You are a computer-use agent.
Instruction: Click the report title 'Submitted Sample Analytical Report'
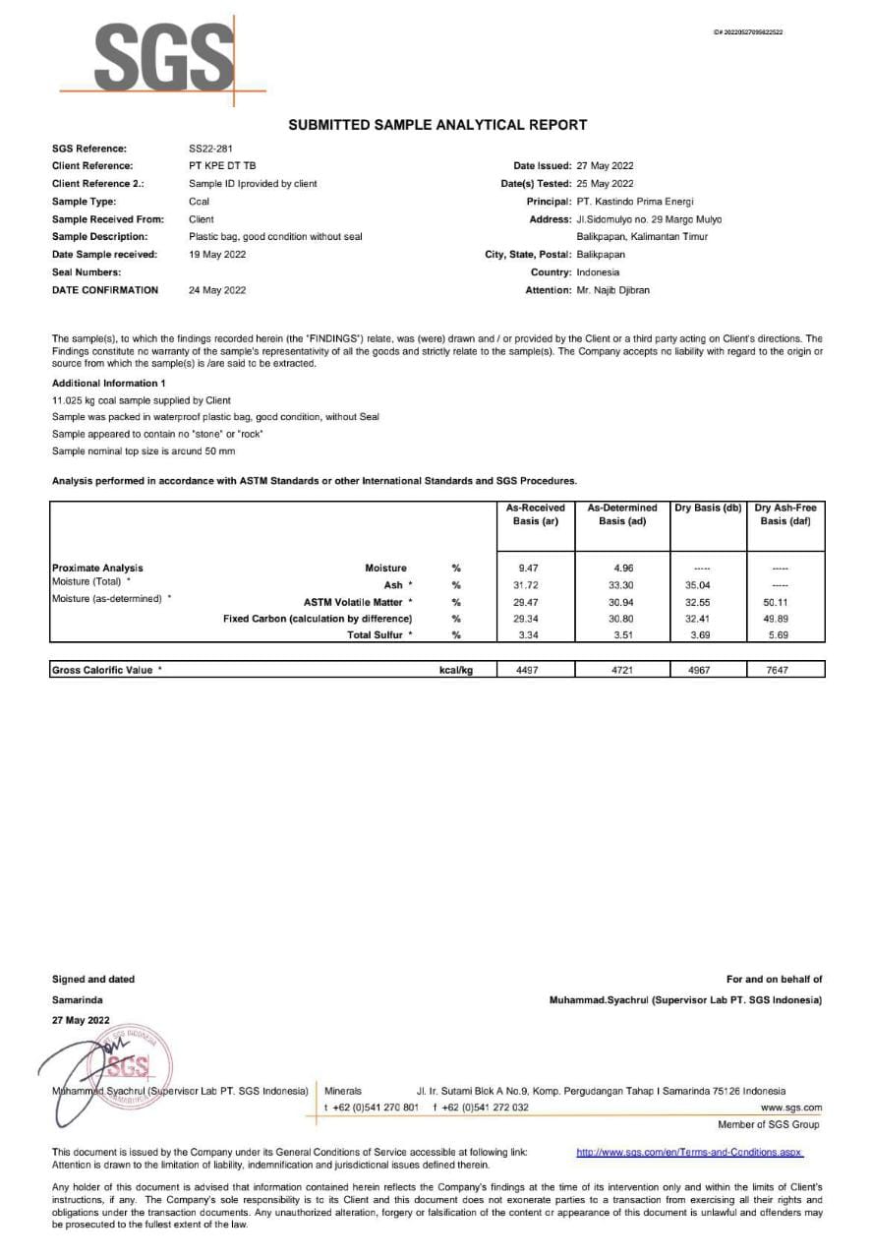437,125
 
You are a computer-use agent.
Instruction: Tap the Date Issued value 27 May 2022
605,166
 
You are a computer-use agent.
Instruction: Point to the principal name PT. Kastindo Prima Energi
635,202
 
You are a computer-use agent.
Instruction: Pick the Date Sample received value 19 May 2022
217,255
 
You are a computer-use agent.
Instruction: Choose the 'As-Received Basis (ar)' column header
536,514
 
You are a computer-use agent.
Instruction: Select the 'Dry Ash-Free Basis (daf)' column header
785,514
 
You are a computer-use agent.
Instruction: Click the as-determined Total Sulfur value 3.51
621,635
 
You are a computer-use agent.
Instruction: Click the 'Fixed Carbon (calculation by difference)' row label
318,619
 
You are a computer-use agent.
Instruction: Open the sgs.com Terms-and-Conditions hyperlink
689,1152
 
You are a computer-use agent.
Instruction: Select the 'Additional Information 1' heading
108,383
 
